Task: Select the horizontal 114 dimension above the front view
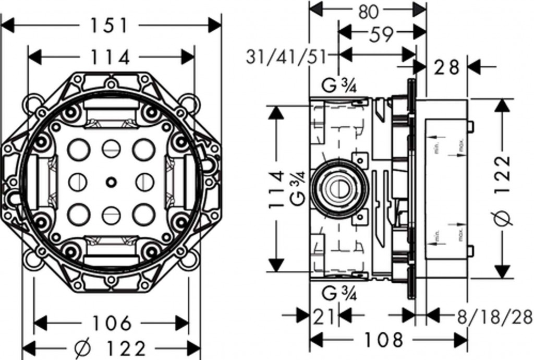(111, 57)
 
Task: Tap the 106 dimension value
(112, 323)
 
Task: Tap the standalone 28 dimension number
(447, 67)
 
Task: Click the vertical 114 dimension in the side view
(277, 190)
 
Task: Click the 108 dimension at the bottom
(384, 340)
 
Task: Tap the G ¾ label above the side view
(339, 87)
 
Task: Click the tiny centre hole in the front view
(111, 182)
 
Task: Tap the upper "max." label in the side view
(461, 148)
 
